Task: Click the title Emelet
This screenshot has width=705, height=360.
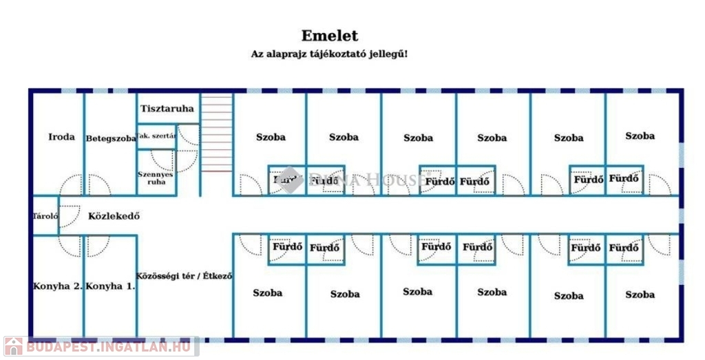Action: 329,36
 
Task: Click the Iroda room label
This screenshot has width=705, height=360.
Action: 61,137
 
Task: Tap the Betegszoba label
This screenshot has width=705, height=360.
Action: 110,138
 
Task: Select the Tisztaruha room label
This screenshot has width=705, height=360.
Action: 167,109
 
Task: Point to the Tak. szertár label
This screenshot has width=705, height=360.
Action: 156,136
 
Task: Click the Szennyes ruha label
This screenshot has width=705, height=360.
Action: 156,178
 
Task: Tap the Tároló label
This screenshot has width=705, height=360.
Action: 45,216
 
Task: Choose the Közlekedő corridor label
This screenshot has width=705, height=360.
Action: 114,216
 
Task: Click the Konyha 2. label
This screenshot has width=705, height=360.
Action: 58,286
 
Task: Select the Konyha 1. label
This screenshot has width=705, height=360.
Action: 111,286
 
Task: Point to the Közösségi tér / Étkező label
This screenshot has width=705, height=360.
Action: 185,276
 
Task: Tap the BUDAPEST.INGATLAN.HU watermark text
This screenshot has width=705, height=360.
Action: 109,348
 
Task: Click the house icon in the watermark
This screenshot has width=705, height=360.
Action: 13,347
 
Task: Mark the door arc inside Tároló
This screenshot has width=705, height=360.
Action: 69,215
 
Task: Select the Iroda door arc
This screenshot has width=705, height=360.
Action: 70,185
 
